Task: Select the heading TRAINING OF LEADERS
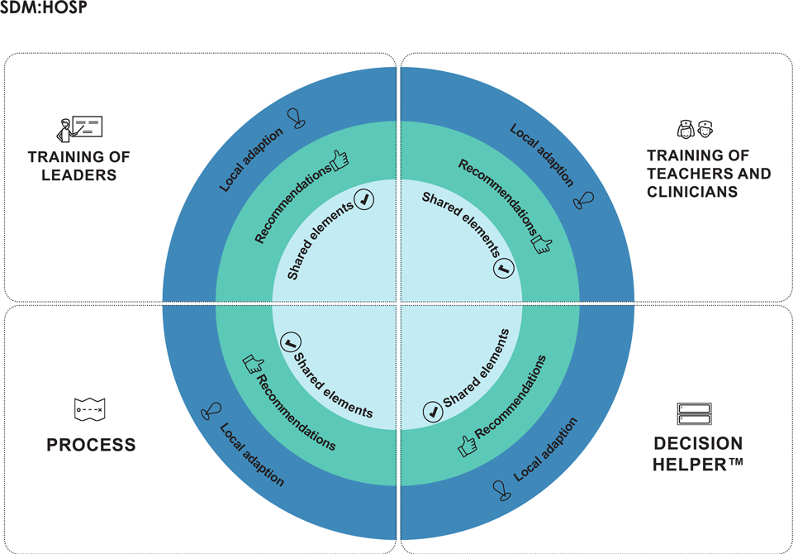point(78,165)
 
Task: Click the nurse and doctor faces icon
point(695,129)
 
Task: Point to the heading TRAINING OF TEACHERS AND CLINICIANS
point(709,174)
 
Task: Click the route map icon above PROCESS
point(88,409)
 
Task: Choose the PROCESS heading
point(91,446)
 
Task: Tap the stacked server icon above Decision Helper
point(695,413)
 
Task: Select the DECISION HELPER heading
point(698,453)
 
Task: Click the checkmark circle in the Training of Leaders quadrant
point(364,198)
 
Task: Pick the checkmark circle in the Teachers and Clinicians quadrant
point(504,268)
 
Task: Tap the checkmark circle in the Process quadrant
point(289,341)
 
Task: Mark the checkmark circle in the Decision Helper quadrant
point(431,411)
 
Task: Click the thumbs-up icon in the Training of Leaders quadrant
point(340,160)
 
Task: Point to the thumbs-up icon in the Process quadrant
point(252,364)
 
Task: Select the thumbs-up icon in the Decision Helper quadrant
point(468,447)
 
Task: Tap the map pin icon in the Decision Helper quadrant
point(501,490)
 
